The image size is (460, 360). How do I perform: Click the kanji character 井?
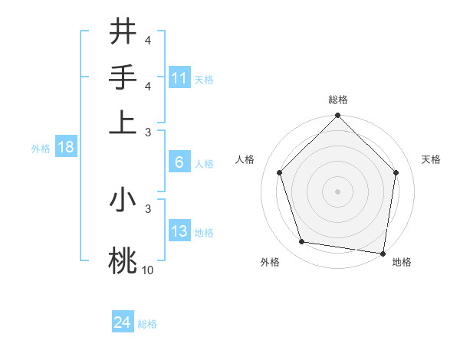click(123, 32)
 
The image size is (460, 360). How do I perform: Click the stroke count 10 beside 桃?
click(148, 270)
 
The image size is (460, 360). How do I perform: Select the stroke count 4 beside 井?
click(147, 41)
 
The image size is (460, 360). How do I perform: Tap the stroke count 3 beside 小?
click(147, 208)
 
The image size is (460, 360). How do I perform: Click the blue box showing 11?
click(179, 78)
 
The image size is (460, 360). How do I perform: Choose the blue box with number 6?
click(179, 162)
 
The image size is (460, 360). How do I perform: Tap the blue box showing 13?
click(179, 231)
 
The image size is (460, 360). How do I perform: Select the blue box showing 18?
click(66, 148)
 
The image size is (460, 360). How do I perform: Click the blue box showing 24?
click(123, 322)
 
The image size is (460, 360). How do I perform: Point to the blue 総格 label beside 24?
click(147, 324)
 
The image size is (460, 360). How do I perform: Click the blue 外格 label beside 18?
click(41, 149)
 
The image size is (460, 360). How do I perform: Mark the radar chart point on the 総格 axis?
click(337, 116)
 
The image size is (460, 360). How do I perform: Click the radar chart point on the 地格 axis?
click(383, 253)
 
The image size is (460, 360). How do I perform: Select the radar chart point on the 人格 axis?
click(280, 172)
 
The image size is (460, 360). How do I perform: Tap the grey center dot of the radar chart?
click(337, 191)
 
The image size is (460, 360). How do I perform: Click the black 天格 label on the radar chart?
click(432, 159)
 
